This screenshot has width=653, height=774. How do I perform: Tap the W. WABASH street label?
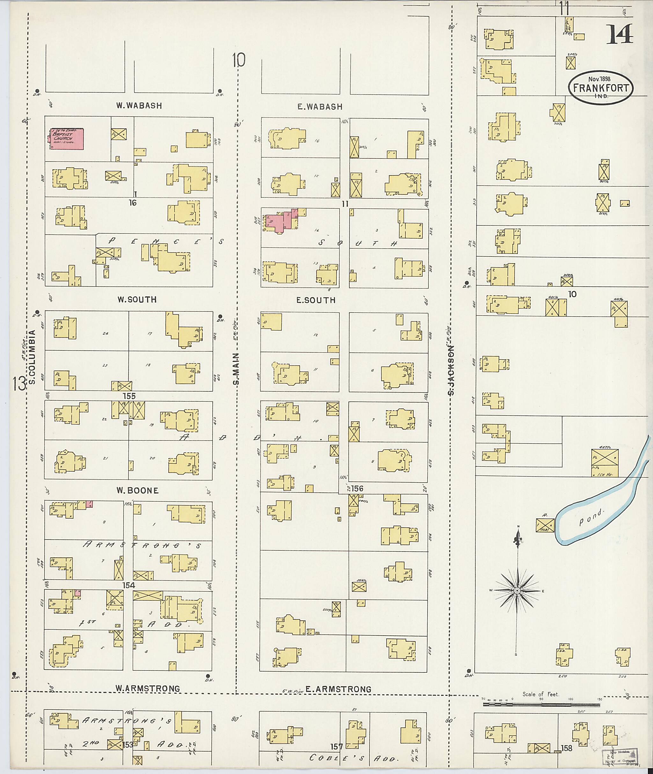(139, 106)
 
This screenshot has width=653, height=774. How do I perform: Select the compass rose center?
(517, 591)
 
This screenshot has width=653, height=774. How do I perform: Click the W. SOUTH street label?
(137, 300)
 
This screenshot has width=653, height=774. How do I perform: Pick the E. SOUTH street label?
(316, 300)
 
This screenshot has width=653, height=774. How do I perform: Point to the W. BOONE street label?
(137, 491)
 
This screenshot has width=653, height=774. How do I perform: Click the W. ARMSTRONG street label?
(148, 689)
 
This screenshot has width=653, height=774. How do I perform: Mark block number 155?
(129, 396)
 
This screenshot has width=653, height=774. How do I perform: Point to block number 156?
(358, 488)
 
